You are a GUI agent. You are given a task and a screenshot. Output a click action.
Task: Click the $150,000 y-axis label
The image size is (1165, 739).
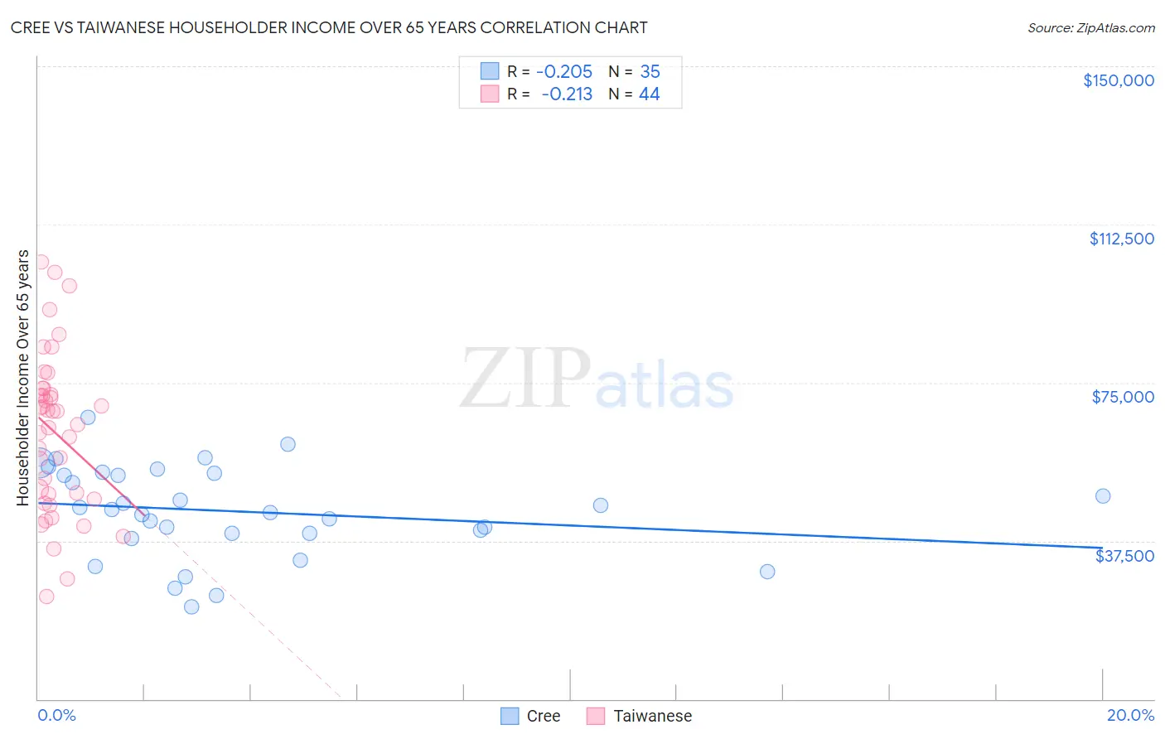click(x=1118, y=80)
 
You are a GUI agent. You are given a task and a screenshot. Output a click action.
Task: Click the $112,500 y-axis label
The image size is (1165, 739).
click(x=1121, y=239)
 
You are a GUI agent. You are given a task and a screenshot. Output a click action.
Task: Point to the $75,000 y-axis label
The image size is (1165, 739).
click(x=1123, y=397)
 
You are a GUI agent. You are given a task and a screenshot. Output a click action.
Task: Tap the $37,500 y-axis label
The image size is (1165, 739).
click(x=1124, y=556)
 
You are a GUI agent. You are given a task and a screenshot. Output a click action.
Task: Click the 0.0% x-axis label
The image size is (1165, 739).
click(x=56, y=715)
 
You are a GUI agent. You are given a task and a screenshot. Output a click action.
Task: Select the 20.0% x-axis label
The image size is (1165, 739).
click(x=1130, y=715)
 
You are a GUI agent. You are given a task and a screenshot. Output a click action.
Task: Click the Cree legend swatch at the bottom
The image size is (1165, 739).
click(x=510, y=716)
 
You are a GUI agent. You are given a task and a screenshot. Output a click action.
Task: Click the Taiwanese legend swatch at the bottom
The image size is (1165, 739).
click(x=595, y=716)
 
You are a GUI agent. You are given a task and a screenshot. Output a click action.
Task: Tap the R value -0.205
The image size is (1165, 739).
click(x=563, y=72)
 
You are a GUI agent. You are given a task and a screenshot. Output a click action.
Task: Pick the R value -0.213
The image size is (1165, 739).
click(x=567, y=94)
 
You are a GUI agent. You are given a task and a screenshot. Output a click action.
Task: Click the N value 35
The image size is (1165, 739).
click(x=650, y=72)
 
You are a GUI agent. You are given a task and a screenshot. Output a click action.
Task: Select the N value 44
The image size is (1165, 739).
click(x=649, y=94)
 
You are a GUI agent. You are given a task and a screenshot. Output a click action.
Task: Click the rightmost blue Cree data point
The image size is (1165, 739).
click(x=1103, y=496)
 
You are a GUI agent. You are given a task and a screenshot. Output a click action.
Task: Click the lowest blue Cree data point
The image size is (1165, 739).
click(x=191, y=606)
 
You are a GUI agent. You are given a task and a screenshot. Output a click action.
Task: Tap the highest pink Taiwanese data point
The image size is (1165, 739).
click(x=41, y=262)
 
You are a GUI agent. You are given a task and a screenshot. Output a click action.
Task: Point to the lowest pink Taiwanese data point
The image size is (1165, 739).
click(x=46, y=597)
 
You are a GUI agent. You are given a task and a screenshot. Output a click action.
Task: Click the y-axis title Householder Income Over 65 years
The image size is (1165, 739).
click(x=23, y=378)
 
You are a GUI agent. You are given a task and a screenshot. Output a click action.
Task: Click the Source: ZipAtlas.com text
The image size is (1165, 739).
click(x=1090, y=28)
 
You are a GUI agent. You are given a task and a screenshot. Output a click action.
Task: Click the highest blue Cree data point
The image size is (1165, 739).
click(x=88, y=417)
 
